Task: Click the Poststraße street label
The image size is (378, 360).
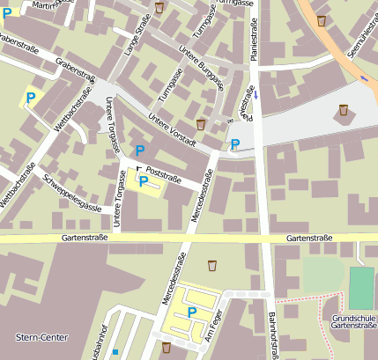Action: click(x=162, y=174)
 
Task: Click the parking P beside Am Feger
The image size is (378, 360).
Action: click(x=191, y=312)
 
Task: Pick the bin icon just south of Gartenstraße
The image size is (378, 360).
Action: click(x=212, y=265)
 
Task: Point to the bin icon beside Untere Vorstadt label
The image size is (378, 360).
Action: click(x=201, y=124)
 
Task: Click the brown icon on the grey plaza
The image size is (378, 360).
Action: click(x=343, y=111)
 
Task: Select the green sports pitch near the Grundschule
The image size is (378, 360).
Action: click(x=361, y=288)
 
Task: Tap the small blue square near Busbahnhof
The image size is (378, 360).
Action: click(x=115, y=353)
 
